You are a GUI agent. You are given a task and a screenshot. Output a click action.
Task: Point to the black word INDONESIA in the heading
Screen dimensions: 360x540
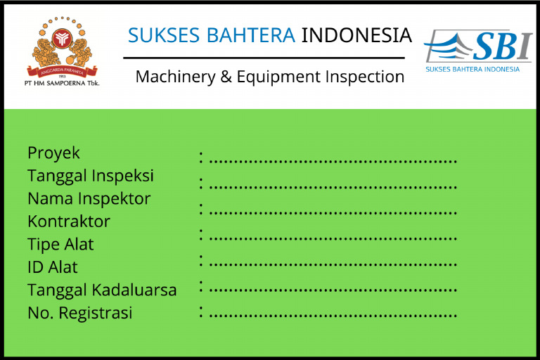[356, 34]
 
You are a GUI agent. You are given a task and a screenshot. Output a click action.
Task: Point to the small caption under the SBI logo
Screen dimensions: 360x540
[472, 69]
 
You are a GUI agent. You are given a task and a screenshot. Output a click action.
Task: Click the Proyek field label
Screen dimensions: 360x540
[54, 153]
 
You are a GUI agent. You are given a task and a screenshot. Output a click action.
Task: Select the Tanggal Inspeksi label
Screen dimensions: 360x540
[91, 176]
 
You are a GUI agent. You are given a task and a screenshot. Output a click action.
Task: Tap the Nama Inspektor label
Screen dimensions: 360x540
[89, 199]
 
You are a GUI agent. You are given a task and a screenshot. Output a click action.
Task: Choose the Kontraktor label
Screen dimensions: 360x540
[69, 221]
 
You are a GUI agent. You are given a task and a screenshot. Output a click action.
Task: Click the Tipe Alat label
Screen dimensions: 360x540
[60, 245]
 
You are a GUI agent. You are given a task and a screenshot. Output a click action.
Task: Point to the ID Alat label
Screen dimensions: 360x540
[53, 267]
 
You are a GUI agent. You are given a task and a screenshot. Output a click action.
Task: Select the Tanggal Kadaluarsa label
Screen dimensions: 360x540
[102, 290]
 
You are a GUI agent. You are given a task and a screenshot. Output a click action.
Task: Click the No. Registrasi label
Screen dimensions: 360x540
[80, 313]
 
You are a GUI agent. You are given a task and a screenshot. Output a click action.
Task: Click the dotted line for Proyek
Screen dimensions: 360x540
[333, 162]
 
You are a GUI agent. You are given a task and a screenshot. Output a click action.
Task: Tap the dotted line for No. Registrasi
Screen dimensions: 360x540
[333, 315]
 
